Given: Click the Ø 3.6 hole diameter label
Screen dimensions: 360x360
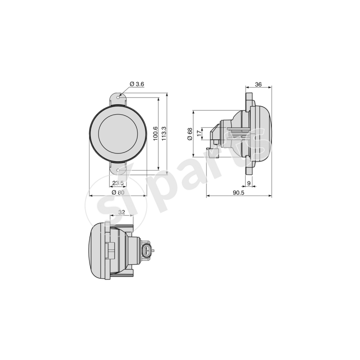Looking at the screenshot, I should pyautogui.click(x=136, y=84).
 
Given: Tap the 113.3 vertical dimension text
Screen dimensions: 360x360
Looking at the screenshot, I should pyautogui.click(x=164, y=134).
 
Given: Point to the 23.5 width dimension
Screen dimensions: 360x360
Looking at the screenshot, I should pyautogui.click(x=118, y=183).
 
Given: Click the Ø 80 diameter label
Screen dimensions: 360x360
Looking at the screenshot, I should pyautogui.click(x=118, y=192).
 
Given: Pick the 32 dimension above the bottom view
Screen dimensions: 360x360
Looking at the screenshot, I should pyautogui.click(x=121, y=212).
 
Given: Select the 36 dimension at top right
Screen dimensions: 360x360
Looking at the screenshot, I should pyautogui.click(x=258, y=84).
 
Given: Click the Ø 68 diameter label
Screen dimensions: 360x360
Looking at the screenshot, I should pyautogui.click(x=190, y=134).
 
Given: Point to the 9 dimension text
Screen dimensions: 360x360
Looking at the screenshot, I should pyautogui.click(x=249, y=183).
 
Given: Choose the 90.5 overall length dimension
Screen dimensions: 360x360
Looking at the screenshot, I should pyautogui.click(x=238, y=192).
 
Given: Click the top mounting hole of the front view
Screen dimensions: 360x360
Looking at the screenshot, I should pyautogui.click(x=118, y=97).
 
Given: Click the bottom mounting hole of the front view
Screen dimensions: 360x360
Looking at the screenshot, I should pyautogui.click(x=118, y=170).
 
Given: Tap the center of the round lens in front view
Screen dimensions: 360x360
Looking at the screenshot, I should pyautogui.click(x=118, y=134).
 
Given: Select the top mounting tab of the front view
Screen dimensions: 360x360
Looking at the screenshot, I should pyautogui.click(x=118, y=99).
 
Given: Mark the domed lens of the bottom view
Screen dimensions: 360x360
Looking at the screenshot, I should pyautogui.click(x=95, y=250).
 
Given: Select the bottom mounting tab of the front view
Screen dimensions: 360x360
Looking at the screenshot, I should pyautogui.click(x=118, y=169).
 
